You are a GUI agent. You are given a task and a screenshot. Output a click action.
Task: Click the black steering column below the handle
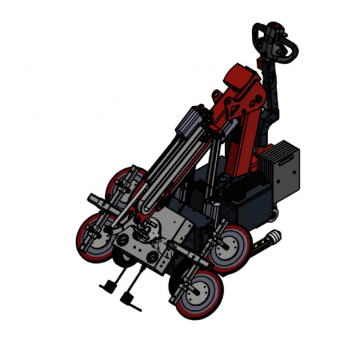(x=272, y=94)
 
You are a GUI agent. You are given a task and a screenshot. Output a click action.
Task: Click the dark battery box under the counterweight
(x=251, y=205)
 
